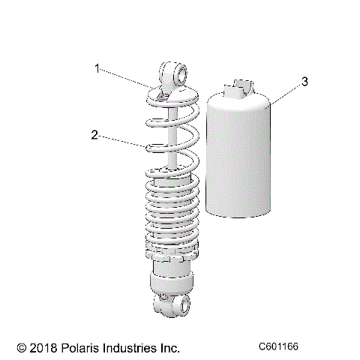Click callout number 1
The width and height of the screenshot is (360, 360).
click(x=97, y=68)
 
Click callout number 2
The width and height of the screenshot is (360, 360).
click(x=94, y=135)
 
